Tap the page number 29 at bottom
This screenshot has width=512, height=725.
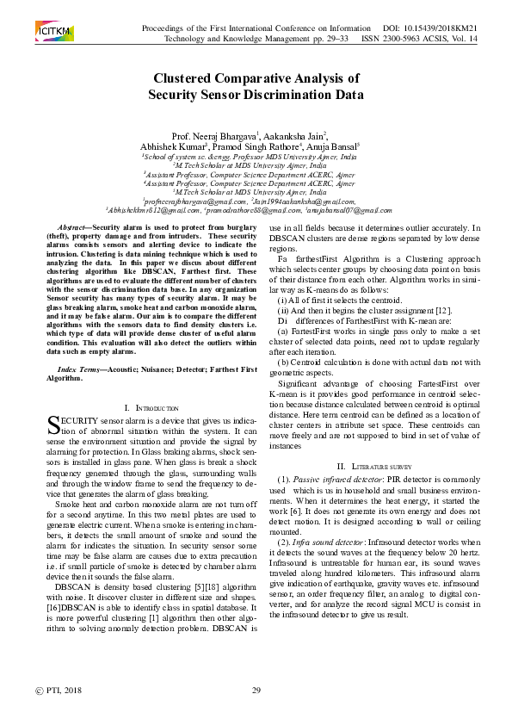coord(256,691)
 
